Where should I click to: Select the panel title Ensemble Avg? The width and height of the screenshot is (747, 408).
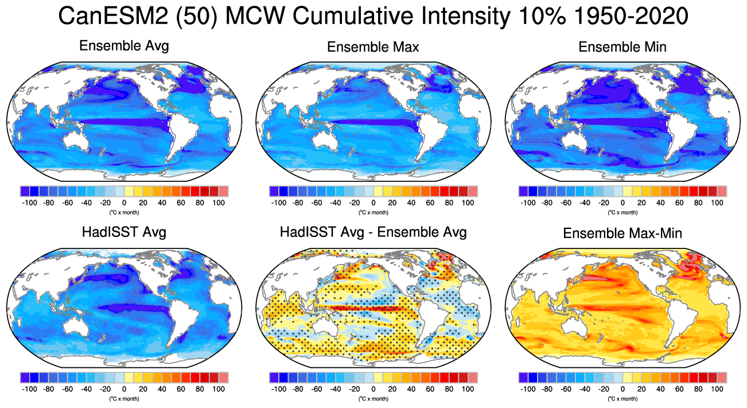coord(124,46)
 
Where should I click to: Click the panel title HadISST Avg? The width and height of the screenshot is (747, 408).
coord(124,232)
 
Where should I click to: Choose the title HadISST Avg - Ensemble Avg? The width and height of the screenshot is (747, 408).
coord(373,232)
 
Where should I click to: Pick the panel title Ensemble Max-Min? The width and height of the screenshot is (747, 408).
coord(622,234)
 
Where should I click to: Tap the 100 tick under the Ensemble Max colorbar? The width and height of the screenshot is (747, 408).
coord(468,203)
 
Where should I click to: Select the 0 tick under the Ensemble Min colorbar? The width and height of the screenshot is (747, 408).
coord(622,203)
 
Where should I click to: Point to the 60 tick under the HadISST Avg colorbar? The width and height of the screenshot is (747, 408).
coord(181,388)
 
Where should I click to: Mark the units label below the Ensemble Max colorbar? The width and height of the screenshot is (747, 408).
coord(373,212)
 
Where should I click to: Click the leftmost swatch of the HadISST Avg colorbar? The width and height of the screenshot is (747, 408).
coord(25,377)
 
